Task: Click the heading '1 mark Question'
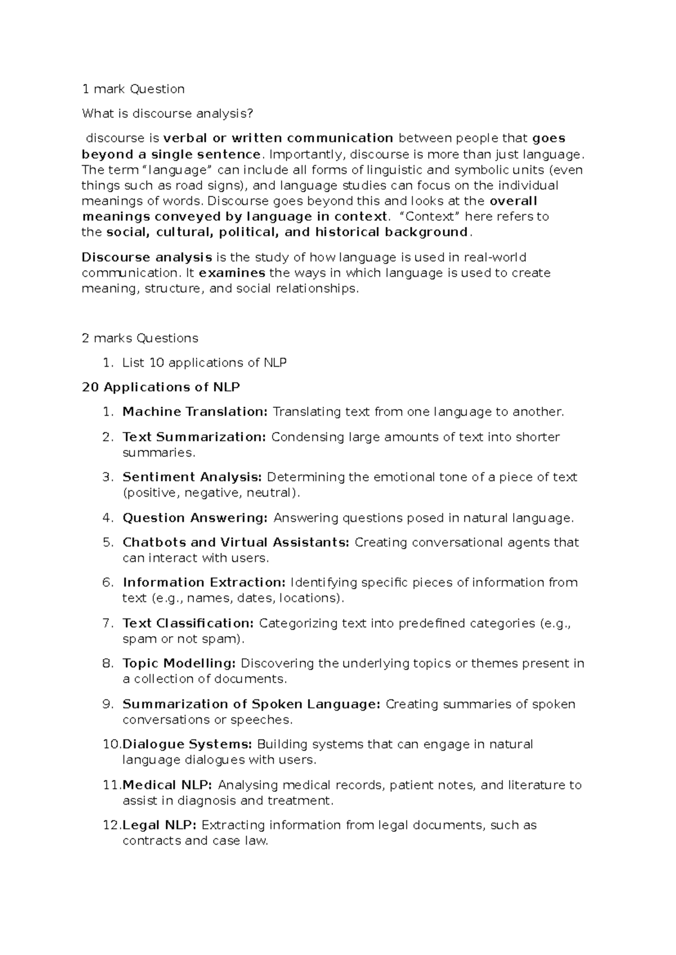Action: tap(133, 89)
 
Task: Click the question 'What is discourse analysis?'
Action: tap(167, 114)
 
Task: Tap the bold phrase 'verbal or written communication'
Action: tap(278, 139)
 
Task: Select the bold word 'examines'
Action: tap(232, 273)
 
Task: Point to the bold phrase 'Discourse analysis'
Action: tap(146, 258)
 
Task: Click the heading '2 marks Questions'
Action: tap(140, 338)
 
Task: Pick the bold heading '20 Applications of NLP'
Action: tap(161, 387)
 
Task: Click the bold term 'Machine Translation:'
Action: tap(195, 412)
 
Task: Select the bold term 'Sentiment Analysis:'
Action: tap(192, 477)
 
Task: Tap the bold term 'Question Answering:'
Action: tap(195, 518)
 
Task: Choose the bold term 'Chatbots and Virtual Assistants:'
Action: tap(235, 543)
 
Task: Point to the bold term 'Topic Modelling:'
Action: tap(179, 664)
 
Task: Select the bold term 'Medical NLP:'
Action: tap(167, 786)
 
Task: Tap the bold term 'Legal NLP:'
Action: tap(159, 825)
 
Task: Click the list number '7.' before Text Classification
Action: tap(108, 623)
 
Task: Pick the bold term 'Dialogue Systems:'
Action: tap(187, 744)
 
